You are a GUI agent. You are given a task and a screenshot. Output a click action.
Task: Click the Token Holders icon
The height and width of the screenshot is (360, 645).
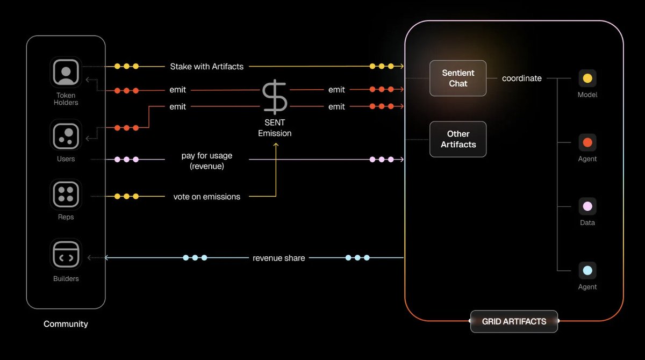coord(66,71)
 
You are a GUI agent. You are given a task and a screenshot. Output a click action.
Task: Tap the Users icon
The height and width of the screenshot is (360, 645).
coord(66,135)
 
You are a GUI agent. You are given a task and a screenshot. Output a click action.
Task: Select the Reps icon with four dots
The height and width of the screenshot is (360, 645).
coord(66,194)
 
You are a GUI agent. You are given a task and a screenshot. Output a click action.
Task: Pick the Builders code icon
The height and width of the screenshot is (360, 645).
coord(66,255)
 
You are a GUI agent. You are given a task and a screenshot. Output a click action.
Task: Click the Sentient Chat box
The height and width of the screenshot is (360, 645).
coord(458,78)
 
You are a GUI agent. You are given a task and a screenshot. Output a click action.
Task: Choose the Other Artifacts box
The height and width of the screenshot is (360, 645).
coord(458,139)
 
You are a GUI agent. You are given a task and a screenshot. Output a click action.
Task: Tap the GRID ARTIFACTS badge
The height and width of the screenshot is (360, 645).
coord(514,321)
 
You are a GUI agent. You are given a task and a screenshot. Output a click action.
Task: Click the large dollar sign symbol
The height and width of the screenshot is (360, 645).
coord(275,97)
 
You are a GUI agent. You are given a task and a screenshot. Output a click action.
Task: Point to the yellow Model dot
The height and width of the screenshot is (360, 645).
coord(587,78)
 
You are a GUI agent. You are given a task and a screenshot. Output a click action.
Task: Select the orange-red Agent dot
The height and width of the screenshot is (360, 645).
coord(587,142)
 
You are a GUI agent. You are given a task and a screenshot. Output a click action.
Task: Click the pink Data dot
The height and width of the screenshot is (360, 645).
coord(587,206)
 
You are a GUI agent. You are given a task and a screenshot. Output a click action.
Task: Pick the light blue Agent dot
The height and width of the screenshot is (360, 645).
coord(587,270)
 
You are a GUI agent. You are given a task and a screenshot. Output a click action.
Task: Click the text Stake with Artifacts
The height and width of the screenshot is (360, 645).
coord(207,67)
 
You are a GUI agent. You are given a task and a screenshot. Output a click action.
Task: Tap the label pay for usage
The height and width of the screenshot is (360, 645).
coord(207,156)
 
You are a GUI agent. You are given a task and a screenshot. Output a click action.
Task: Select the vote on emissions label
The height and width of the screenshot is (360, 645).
coord(207,197)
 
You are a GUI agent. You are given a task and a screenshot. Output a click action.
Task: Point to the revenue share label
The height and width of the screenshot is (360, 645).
coord(279,258)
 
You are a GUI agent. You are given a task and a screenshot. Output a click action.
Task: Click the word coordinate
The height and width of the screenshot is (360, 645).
coord(521,78)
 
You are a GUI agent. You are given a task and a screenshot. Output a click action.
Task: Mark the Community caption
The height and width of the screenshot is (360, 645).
coord(66,324)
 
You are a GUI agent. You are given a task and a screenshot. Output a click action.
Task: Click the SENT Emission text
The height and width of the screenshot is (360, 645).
coord(275,128)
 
